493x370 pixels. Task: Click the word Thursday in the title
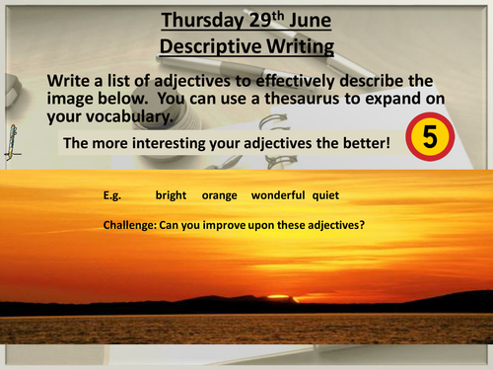(x=204, y=19)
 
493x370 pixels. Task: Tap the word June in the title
(x=327, y=19)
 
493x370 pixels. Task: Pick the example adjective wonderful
(x=278, y=196)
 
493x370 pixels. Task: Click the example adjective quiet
(x=326, y=196)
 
